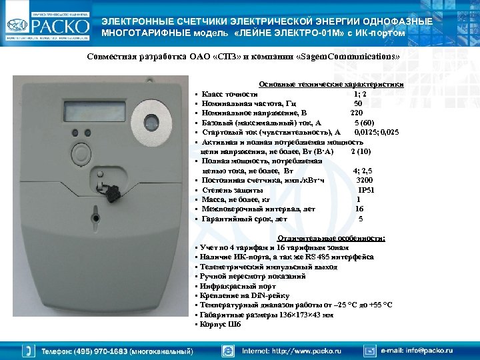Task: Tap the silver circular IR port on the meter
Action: [x=152, y=123]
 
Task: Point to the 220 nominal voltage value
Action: [x=357, y=113]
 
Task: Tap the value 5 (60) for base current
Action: [x=364, y=123]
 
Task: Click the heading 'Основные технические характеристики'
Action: [x=331, y=85]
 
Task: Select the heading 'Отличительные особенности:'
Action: [x=331, y=238]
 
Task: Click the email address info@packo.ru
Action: [x=426, y=350]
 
